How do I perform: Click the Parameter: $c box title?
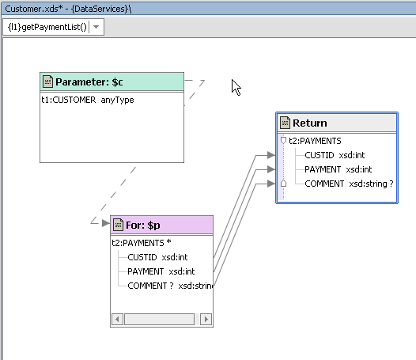point(89,82)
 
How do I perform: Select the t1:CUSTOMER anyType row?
point(88,100)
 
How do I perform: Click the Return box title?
point(309,123)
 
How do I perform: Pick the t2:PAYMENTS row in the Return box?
point(315,141)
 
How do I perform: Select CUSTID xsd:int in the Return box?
point(335,155)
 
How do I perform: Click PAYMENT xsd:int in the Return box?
point(338,169)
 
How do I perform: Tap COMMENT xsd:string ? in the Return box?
point(349,184)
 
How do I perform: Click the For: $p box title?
point(142,225)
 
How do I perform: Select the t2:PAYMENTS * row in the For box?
point(142,243)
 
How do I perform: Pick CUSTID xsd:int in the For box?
point(157,257)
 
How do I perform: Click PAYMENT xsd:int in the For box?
point(161,271)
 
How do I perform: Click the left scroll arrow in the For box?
point(117,319)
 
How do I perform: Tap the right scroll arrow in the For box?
point(206,319)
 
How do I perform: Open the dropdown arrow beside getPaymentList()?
point(96,27)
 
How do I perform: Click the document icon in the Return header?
point(285,123)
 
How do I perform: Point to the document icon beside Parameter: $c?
point(47,81)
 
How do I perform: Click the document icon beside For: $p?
point(118,225)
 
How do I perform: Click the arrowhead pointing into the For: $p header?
point(106,223)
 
